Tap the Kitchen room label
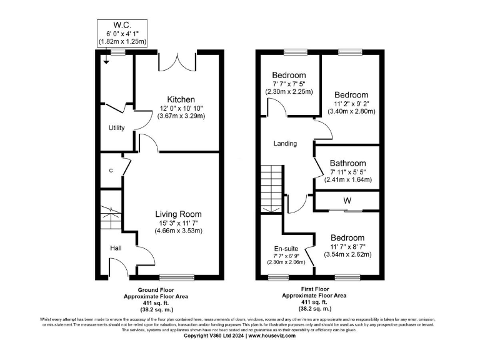[181, 99]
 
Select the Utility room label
[117, 128]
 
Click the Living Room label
[178, 214]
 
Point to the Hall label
[116, 248]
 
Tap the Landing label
[285, 144]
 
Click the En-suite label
[286, 248]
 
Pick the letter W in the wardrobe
[346, 201]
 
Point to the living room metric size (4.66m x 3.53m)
[178, 231]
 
